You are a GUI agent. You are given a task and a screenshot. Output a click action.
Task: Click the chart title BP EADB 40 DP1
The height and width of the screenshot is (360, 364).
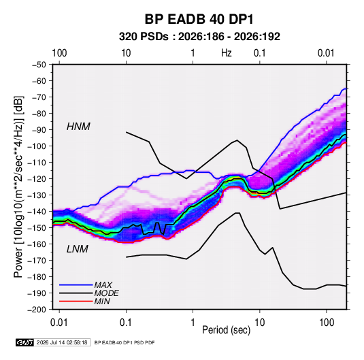pyautogui.click(x=199, y=19)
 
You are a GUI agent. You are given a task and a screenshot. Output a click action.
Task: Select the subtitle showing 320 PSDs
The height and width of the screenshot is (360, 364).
pyautogui.click(x=199, y=37)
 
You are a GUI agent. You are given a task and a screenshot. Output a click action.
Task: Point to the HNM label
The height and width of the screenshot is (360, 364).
pyautogui.click(x=78, y=127)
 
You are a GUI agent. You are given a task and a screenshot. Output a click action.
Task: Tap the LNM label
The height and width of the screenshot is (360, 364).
pyautogui.click(x=78, y=249)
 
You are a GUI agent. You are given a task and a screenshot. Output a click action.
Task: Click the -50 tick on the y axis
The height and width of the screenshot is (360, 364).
pyautogui.click(x=39, y=65)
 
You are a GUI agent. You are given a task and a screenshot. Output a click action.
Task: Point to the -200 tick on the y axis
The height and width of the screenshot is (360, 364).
pyautogui.click(x=37, y=310)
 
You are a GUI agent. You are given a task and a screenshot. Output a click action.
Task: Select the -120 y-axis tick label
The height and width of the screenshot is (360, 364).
pyautogui.click(x=37, y=179)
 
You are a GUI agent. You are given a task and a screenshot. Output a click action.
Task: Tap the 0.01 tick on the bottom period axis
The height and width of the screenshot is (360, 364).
pyautogui.click(x=59, y=323)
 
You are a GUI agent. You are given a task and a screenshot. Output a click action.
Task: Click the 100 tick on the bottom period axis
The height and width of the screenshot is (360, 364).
pyautogui.click(x=327, y=323)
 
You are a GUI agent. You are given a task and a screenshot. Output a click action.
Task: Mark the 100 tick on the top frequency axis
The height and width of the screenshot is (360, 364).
pyautogui.click(x=59, y=53)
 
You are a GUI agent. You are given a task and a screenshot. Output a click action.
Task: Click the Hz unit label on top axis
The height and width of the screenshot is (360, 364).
pyautogui.click(x=227, y=53)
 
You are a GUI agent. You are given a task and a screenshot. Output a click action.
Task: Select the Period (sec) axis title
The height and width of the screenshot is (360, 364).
pyautogui.click(x=227, y=330)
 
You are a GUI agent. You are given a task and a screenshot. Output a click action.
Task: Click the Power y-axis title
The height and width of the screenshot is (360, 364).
pyautogui.click(x=18, y=186)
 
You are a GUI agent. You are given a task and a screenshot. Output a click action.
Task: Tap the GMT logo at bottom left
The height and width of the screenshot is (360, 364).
pyautogui.click(x=24, y=342)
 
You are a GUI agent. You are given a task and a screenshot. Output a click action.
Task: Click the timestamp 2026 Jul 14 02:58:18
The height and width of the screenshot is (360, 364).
pyautogui.click(x=62, y=342)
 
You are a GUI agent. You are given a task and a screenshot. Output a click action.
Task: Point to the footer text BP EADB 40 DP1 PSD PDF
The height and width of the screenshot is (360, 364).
pyautogui.click(x=125, y=342)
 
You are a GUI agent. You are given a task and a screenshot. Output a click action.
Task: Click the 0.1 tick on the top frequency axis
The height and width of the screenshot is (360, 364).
pyautogui.click(x=259, y=53)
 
